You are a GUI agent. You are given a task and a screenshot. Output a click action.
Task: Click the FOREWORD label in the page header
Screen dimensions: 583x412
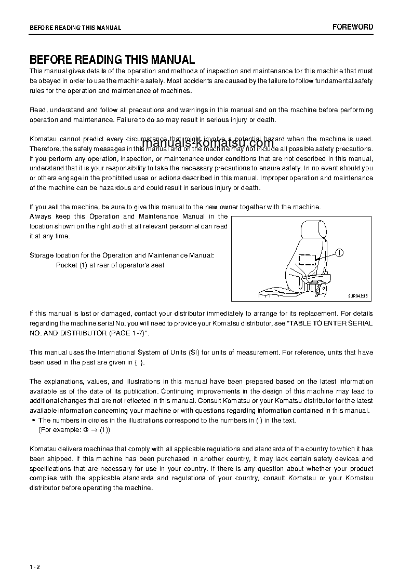353,27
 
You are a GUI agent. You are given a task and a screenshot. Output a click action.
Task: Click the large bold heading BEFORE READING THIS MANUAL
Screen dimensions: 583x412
112,60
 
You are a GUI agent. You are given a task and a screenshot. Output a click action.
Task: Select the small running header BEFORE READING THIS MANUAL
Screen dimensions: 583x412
75,28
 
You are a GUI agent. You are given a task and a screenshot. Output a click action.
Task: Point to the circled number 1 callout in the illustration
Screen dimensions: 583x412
339,253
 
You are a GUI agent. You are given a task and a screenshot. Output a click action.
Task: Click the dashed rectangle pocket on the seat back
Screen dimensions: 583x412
307,260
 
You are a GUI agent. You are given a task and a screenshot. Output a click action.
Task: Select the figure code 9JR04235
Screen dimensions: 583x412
358,296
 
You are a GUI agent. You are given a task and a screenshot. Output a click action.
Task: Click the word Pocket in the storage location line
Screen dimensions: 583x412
67,265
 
